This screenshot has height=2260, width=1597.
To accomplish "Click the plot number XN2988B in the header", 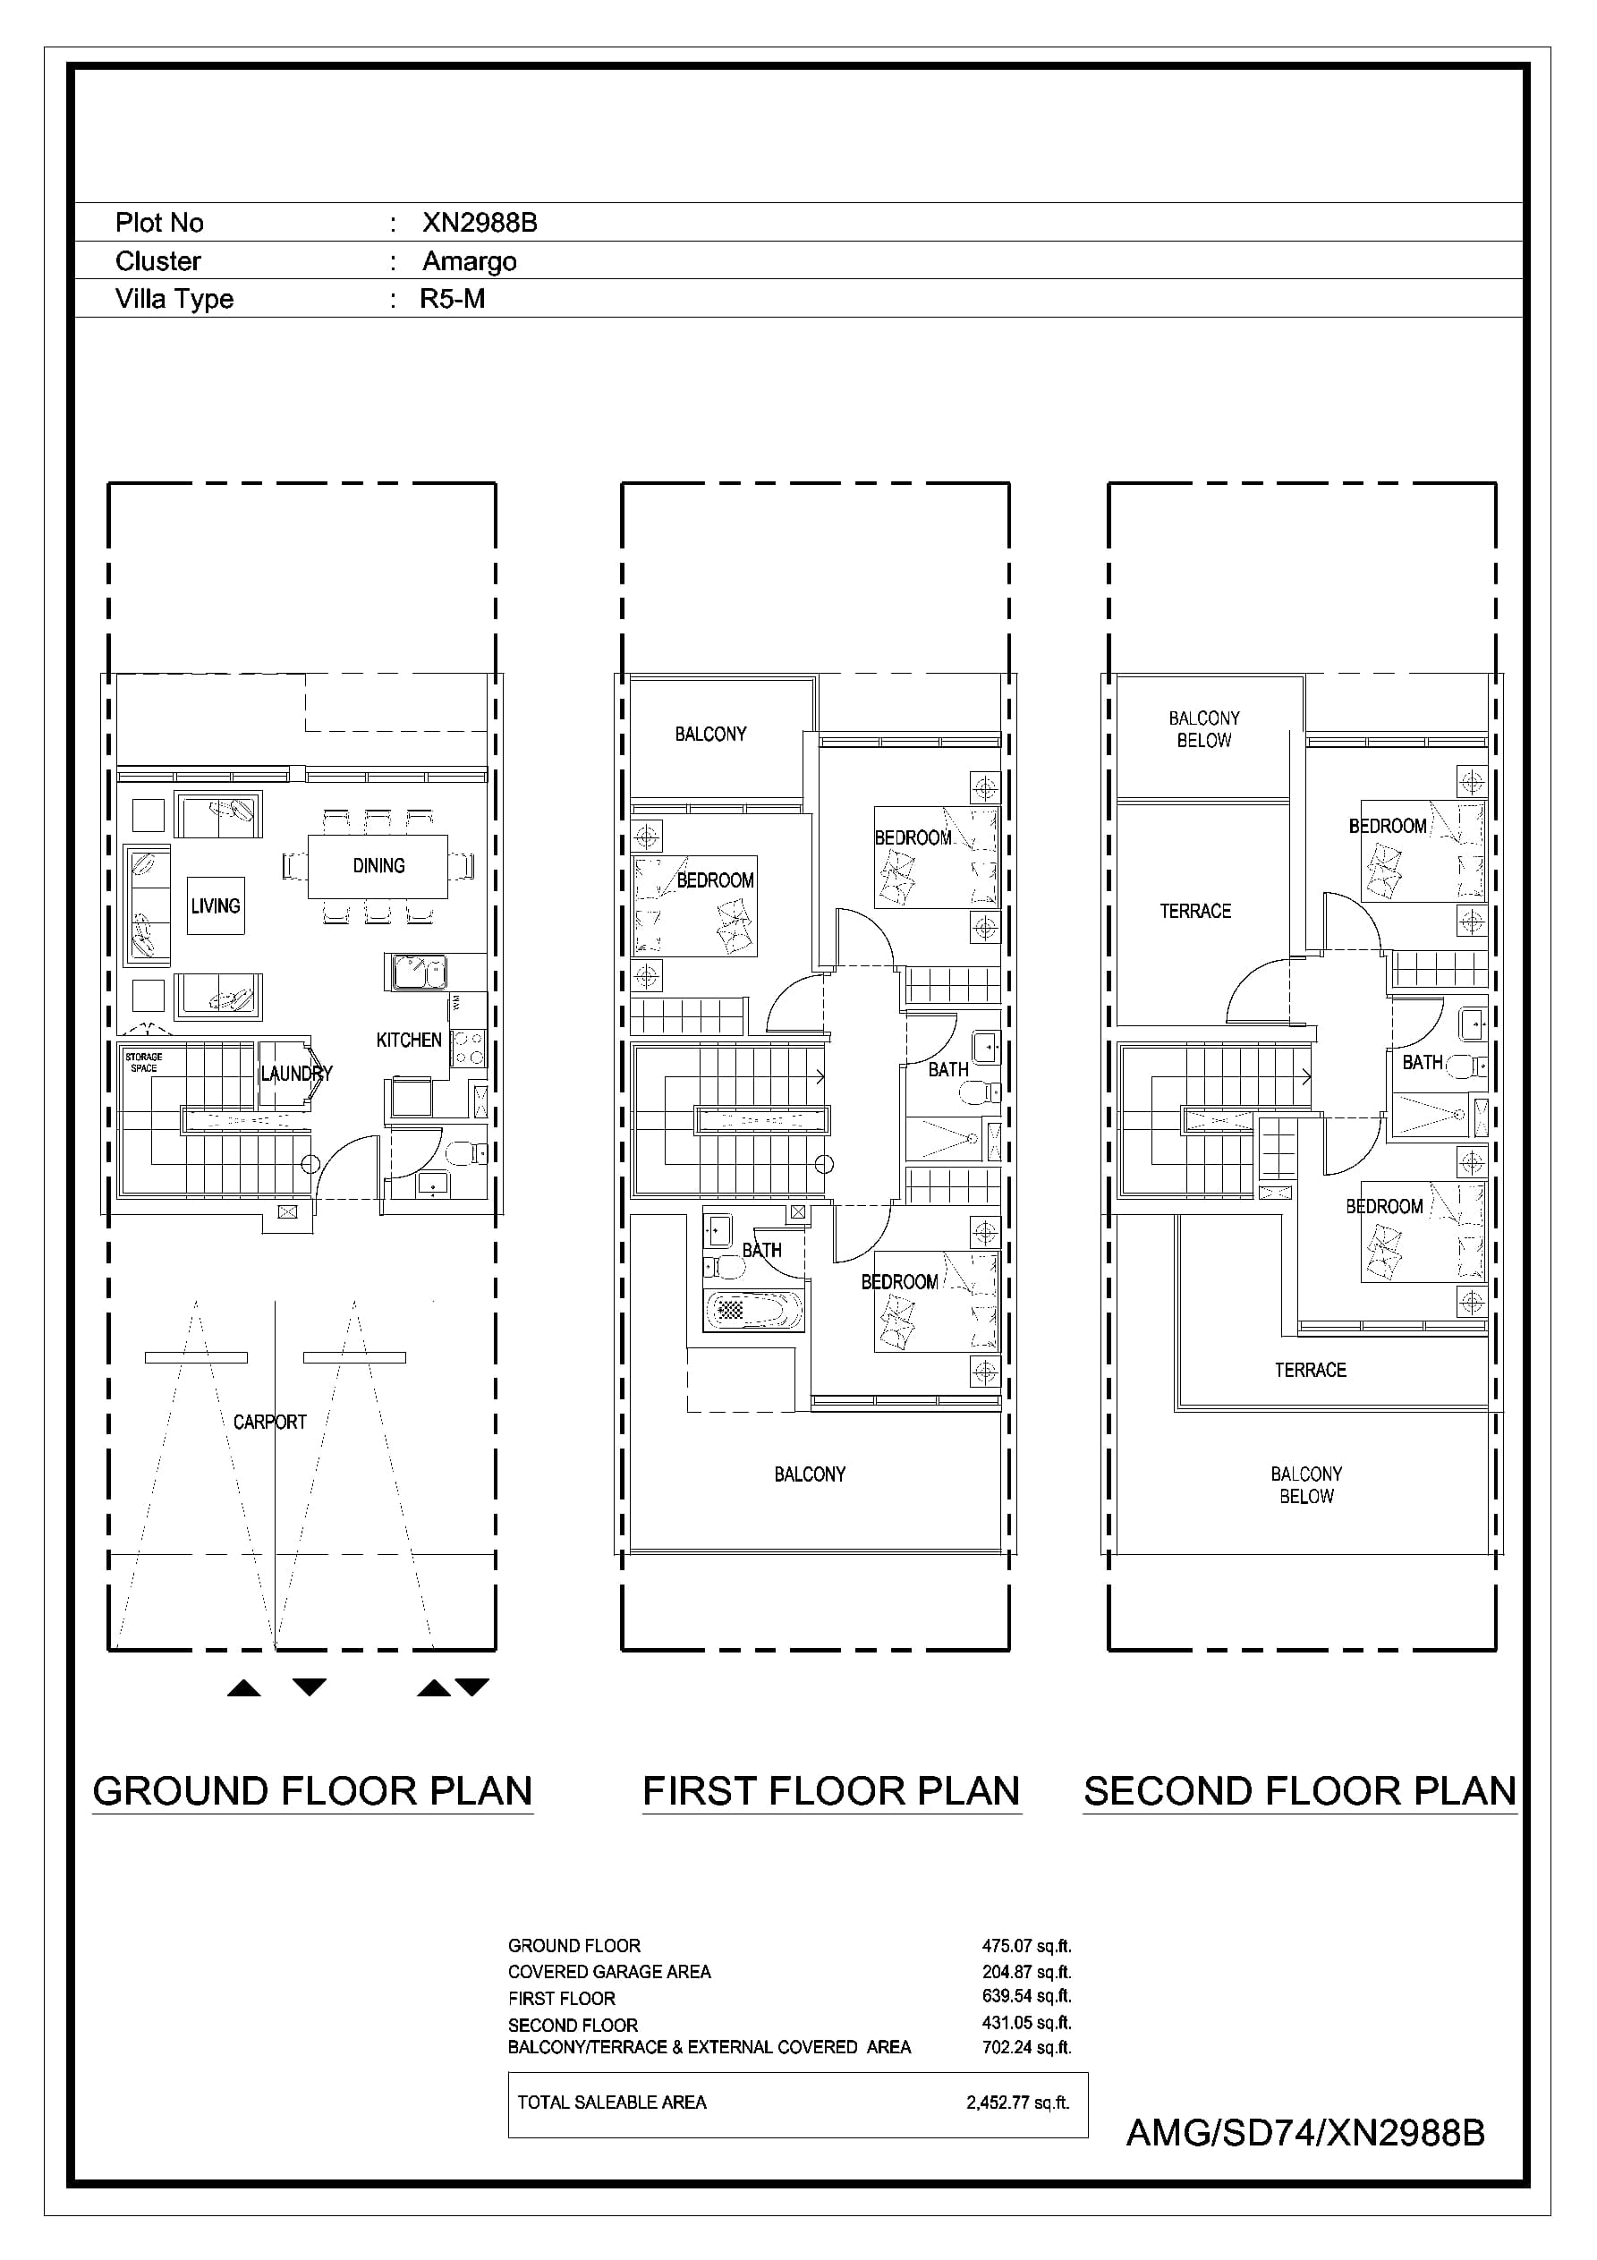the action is pos(480,223).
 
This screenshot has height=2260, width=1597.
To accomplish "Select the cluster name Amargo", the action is pos(470,261).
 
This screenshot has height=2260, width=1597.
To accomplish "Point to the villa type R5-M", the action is pos(452,298).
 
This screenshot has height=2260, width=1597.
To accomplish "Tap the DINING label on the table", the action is pos(379,865).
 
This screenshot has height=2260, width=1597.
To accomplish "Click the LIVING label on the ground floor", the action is pos(216,905).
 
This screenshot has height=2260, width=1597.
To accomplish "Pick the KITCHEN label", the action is pos(409,1040).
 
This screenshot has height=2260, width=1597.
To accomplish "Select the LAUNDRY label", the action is pos(296,1073).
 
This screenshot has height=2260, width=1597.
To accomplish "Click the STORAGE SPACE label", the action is pos(144,1062).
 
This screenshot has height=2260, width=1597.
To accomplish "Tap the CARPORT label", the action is pos(270,1422).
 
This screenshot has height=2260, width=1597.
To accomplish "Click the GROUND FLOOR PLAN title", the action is pos(312,1791).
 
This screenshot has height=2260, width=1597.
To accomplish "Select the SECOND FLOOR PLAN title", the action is pos(1300,1791).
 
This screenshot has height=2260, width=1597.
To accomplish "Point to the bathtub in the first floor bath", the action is pos(753,1309).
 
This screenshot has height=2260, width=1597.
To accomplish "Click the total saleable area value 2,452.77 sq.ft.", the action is pos(1018,2103).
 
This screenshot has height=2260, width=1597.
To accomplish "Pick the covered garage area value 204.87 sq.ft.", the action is pos(1027,1972).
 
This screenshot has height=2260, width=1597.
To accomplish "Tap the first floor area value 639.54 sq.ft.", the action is pos(1027,1996).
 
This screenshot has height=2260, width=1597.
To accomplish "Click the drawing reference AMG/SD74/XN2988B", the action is pos(1305,2133).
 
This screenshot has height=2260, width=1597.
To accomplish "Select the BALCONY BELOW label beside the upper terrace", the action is pos(1204,729).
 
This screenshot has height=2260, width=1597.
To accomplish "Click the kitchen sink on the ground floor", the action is pos(419,973).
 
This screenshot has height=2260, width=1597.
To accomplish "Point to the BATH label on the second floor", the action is pos(1423,1062).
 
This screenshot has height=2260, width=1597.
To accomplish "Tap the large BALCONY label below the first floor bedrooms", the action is pos(811,1474).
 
